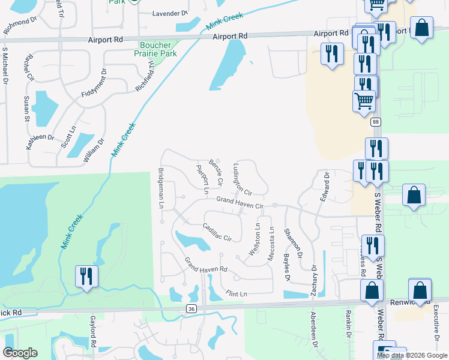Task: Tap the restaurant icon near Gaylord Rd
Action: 86,276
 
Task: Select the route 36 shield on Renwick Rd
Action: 191,308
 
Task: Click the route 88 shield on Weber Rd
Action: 376,122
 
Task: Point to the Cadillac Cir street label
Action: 217,232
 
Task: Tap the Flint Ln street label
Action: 237,293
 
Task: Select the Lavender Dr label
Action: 170,13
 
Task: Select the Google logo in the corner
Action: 20,353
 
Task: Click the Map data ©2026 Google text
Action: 412,355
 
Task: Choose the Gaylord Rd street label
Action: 93,331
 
